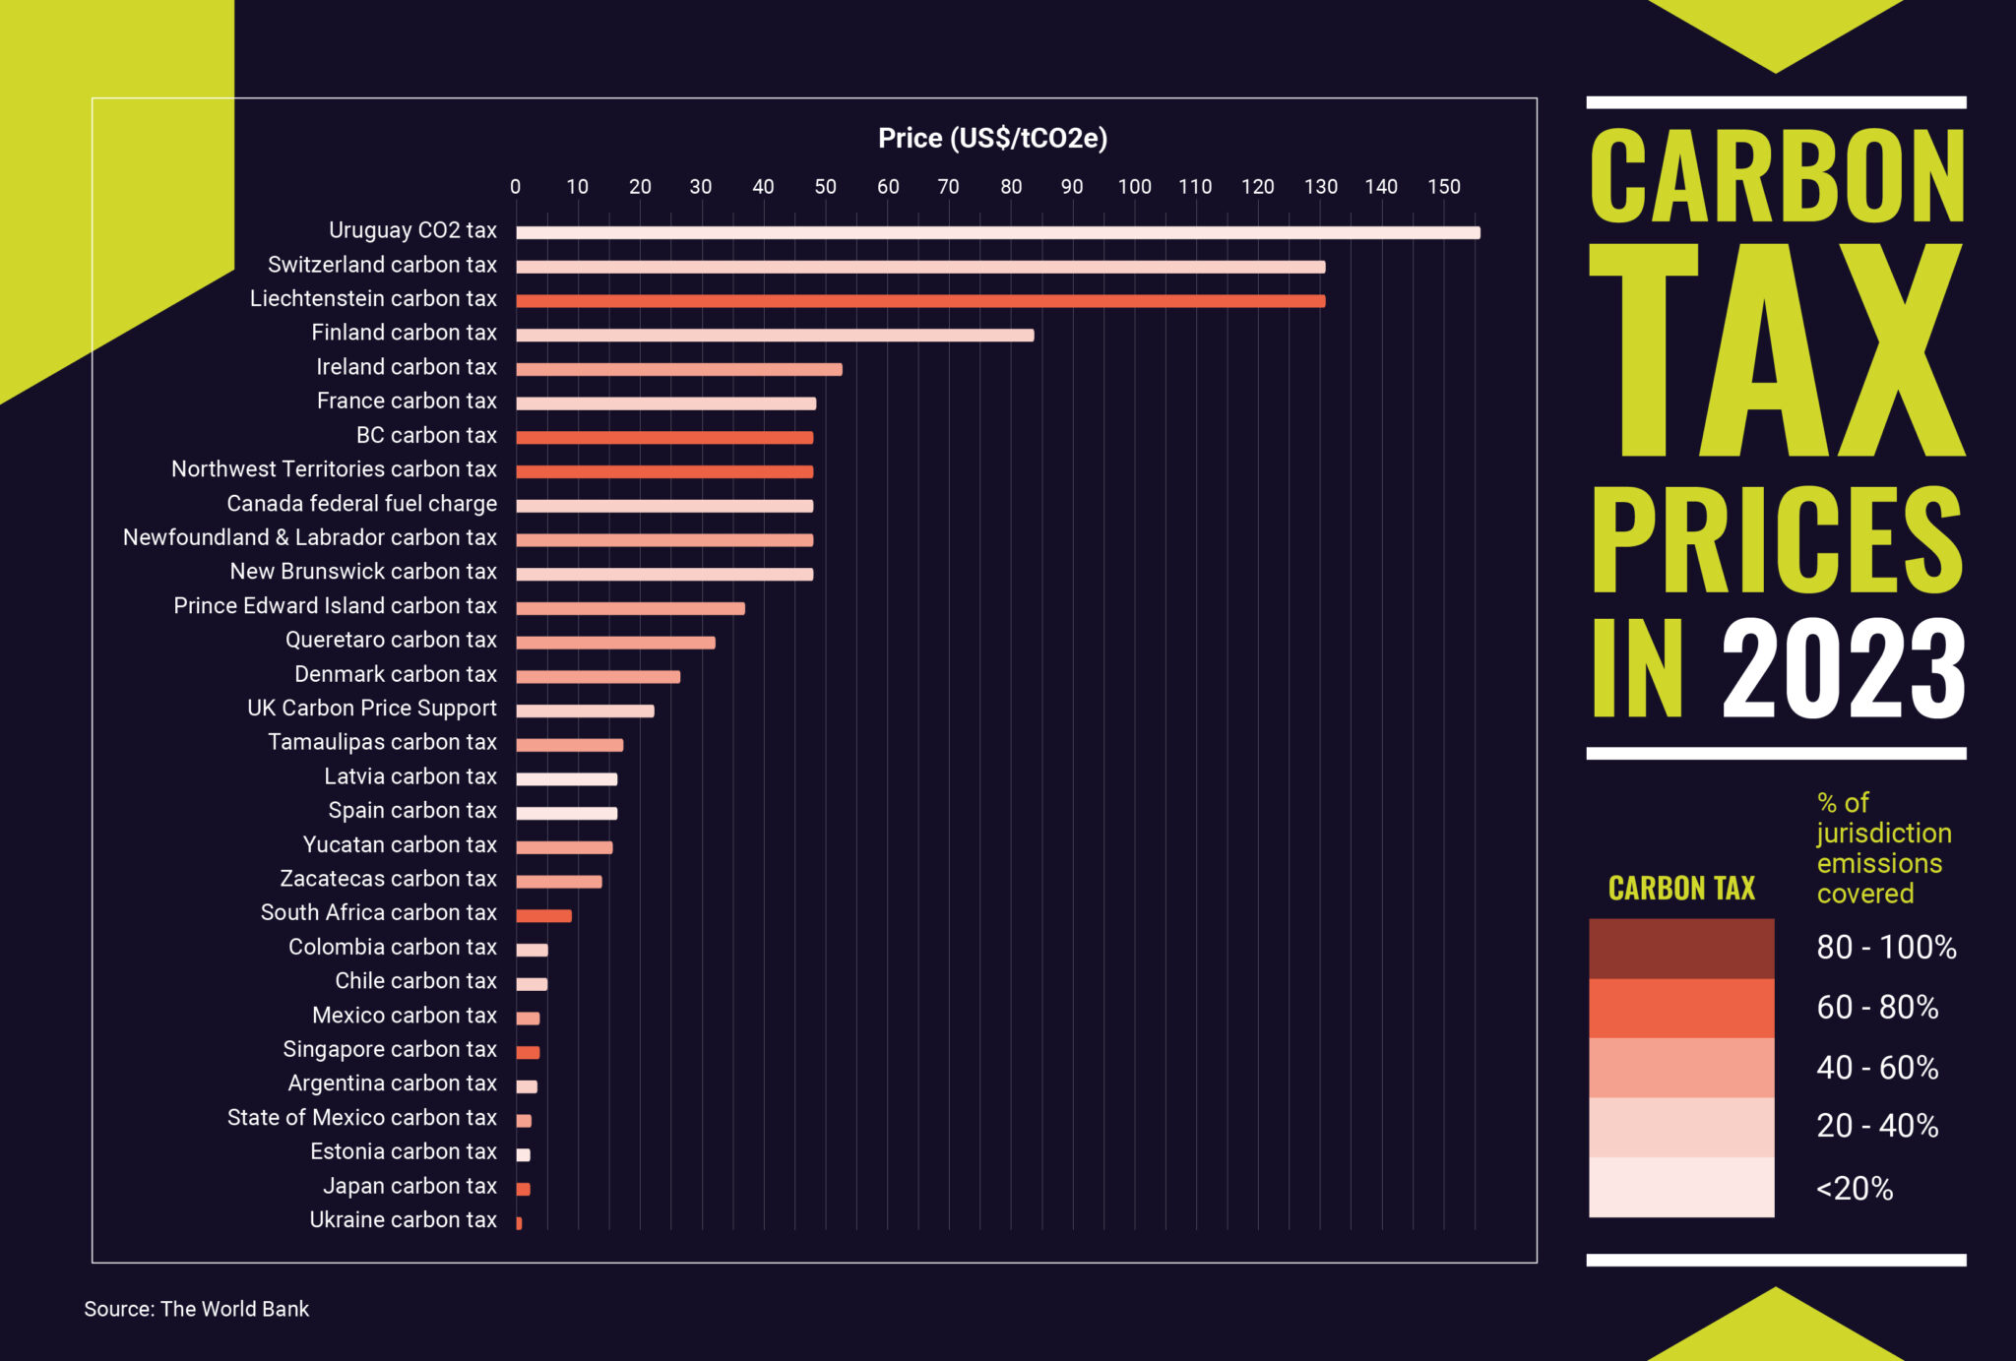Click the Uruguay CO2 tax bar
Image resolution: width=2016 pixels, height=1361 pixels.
(x=997, y=233)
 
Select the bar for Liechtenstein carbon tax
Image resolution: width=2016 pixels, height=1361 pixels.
(x=920, y=301)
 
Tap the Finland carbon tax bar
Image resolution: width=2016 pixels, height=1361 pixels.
(x=775, y=336)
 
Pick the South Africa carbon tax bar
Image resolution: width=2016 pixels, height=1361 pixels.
(x=543, y=916)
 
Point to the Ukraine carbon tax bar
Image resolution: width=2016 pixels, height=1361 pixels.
(x=519, y=1223)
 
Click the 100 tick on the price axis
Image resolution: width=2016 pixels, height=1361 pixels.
(x=1134, y=187)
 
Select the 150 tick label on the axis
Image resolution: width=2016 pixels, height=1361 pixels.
(x=1444, y=187)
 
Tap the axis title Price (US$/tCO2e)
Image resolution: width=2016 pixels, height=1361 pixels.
(x=992, y=138)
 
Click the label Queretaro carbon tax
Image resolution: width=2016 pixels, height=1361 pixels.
(x=391, y=640)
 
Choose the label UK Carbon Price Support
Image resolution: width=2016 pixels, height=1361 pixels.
(x=372, y=709)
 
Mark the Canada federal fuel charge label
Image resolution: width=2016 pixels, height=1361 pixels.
(x=362, y=504)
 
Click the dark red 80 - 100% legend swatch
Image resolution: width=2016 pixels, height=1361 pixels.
(x=1681, y=949)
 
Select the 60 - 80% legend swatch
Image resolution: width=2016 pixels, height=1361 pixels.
(x=1681, y=1009)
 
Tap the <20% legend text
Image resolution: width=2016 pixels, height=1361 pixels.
(x=1855, y=1189)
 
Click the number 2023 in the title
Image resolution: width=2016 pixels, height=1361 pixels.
(x=1843, y=669)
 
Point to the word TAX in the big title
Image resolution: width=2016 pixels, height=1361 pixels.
(x=1777, y=351)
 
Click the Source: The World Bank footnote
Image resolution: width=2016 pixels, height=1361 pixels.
(x=197, y=1309)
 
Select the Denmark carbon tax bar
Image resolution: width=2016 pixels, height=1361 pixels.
(x=598, y=677)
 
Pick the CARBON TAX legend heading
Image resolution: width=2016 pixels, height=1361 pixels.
(x=1681, y=889)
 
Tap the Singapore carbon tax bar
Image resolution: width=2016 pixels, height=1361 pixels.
(x=528, y=1053)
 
